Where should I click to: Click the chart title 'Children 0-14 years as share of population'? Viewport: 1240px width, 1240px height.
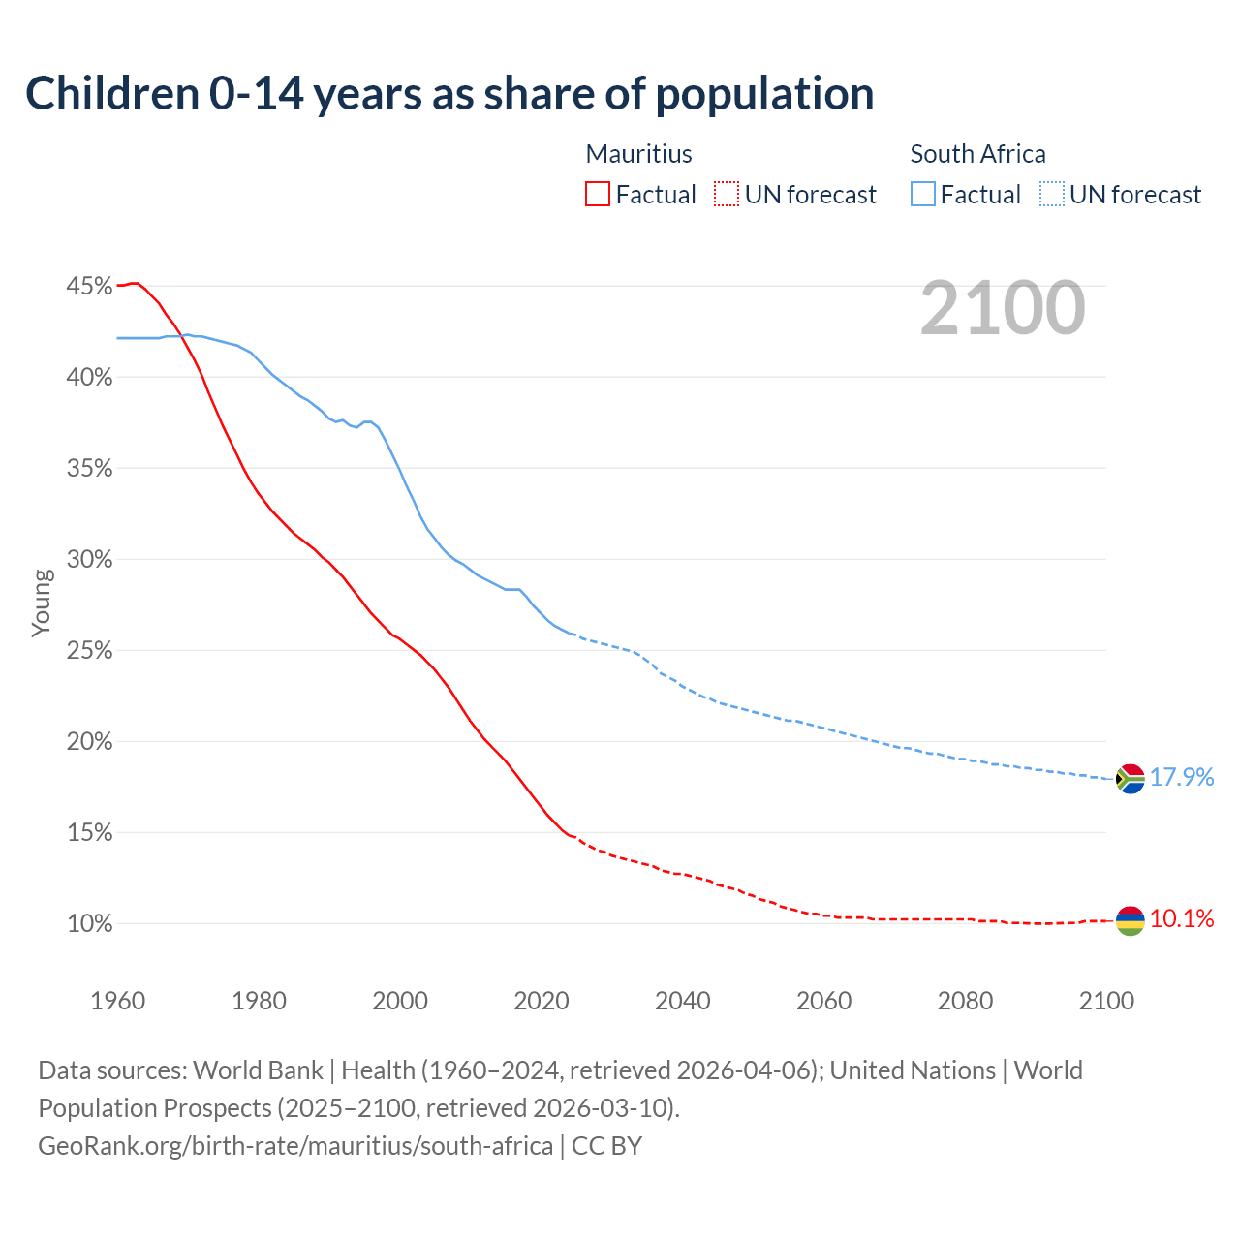point(449,94)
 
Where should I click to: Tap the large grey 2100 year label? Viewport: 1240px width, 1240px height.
point(1003,308)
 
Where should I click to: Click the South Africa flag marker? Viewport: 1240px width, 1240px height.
point(1131,779)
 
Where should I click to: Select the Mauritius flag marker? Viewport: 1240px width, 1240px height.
point(1131,920)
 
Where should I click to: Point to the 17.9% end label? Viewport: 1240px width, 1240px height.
point(1182,778)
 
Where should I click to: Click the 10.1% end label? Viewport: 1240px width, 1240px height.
point(1182,919)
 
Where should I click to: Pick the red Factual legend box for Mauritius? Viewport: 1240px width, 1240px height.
point(598,195)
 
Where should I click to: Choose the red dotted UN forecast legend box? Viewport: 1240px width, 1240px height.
point(727,195)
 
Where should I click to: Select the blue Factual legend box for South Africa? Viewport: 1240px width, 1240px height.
point(923,195)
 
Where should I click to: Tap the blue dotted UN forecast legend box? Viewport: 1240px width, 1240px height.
point(1052,195)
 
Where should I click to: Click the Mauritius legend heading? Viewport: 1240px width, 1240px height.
point(639,154)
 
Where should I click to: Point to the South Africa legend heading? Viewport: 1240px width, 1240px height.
point(977,154)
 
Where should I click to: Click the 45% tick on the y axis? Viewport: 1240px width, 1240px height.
point(89,287)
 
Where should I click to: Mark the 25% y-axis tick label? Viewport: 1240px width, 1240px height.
point(89,651)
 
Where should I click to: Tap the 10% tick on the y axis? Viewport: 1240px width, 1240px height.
point(89,924)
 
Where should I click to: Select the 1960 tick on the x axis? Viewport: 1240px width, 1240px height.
point(118,1001)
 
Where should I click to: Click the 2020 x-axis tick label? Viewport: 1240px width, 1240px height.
point(542,1001)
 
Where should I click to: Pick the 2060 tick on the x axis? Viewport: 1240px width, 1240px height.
point(823,1001)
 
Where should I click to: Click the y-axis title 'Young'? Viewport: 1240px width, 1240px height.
point(42,603)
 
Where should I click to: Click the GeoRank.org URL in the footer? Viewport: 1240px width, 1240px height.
point(295,1146)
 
